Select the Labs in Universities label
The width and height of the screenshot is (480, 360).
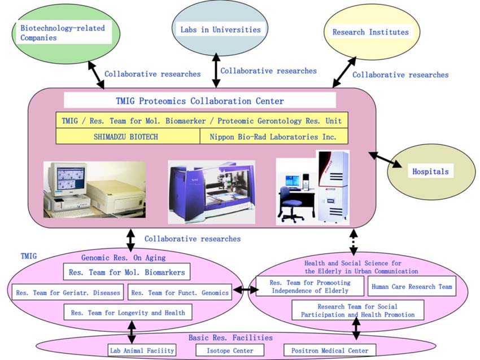[x=220, y=29]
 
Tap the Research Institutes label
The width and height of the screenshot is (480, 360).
[x=370, y=32]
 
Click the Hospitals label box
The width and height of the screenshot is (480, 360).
[x=430, y=171]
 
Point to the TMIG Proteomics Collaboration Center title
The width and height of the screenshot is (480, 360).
[x=200, y=101]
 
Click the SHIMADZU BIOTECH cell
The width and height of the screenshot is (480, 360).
[x=128, y=137]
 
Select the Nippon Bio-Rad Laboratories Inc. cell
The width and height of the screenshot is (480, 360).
[x=273, y=137]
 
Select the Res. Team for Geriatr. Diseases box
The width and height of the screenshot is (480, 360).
[x=68, y=292]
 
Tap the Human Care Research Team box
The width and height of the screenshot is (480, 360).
[x=412, y=287]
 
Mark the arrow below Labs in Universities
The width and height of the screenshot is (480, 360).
[x=215, y=70]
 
